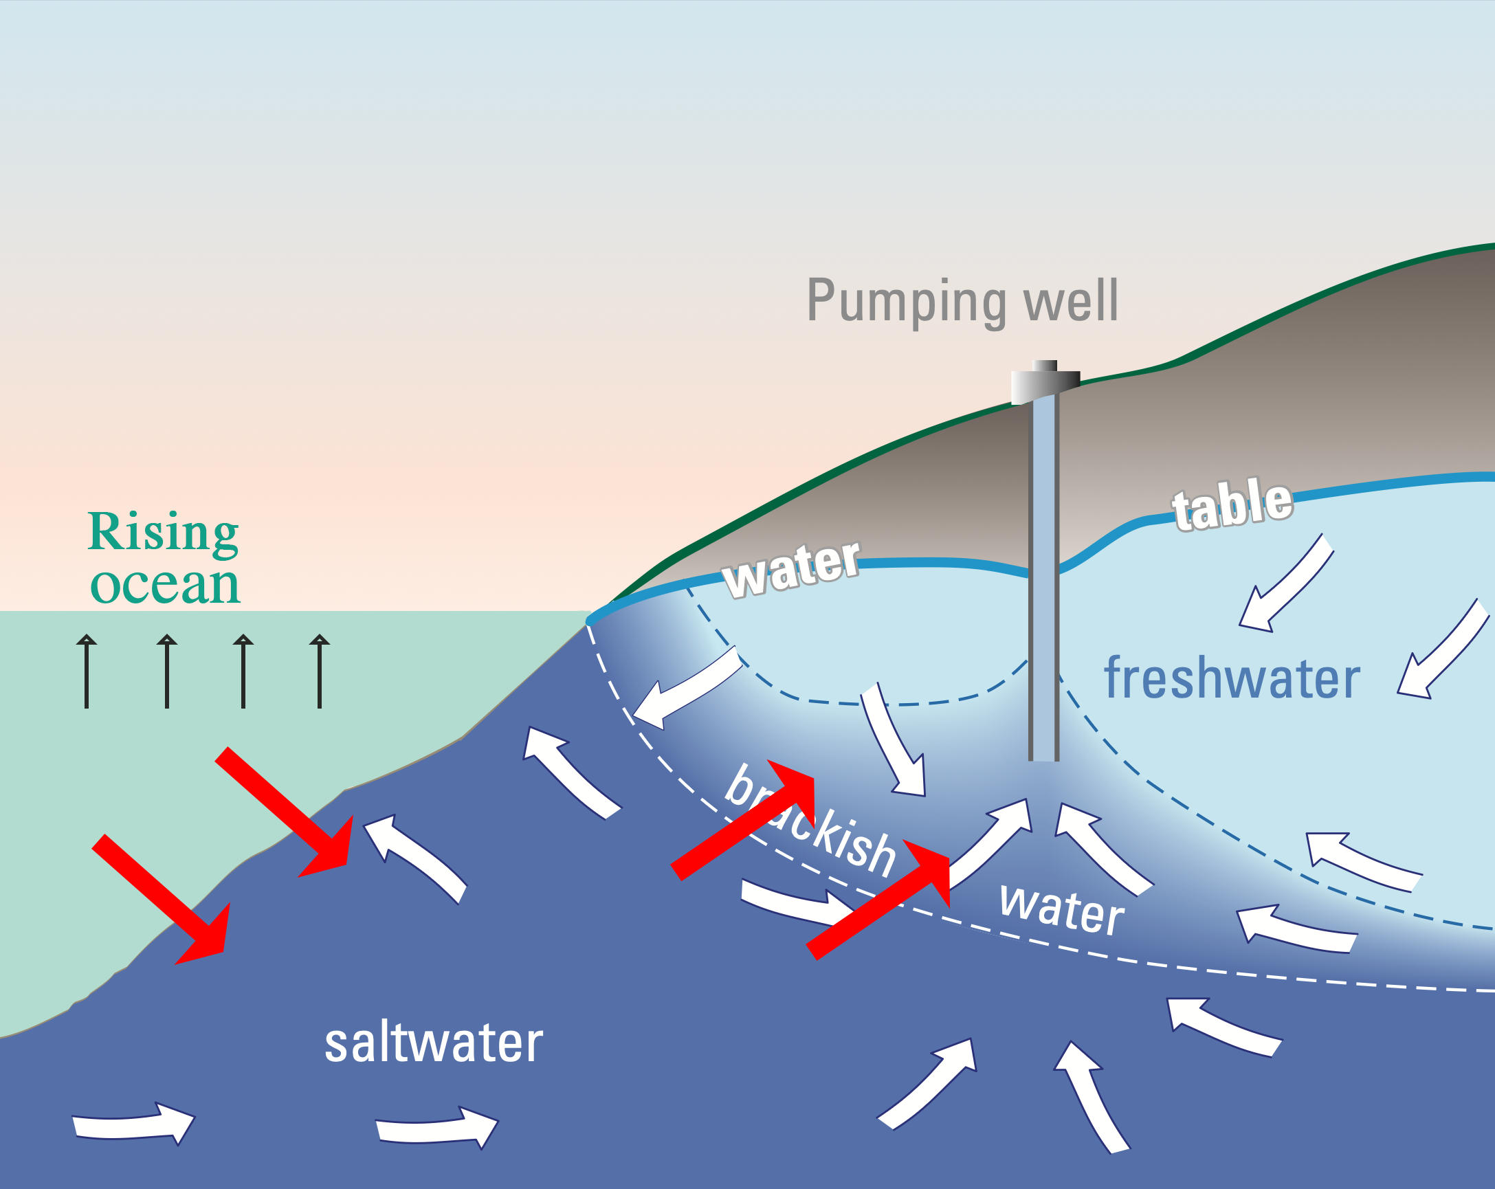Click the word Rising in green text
coord(164,533)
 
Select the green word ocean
coord(165,586)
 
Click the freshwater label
coord(1232,679)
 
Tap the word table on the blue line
coord(1232,504)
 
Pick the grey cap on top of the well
coord(1045,382)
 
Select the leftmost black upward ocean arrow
coord(87,670)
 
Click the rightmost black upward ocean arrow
coord(319,670)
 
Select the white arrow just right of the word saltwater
coord(437,1127)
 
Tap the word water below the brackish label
coord(1061,909)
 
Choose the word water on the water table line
coord(791,568)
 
